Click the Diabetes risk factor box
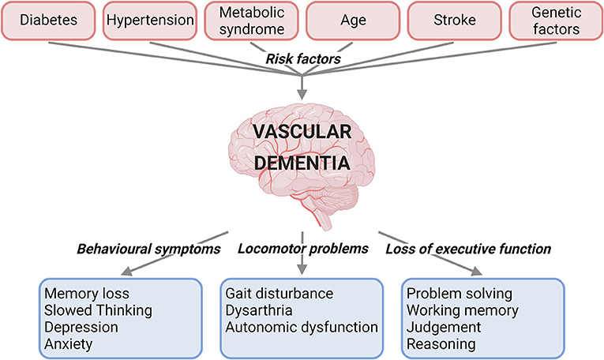coord(48,19)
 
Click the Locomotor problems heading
coord(303,249)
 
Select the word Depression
coord(82,326)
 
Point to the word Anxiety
coord(69,343)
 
